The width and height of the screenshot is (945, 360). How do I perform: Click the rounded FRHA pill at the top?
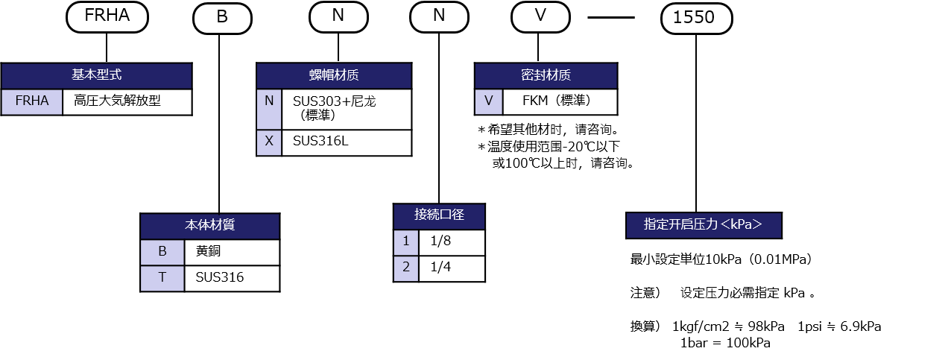[x=107, y=16]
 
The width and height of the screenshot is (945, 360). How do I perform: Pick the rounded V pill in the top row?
[x=540, y=16]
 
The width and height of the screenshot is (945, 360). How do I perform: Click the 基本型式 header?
[x=96, y=76]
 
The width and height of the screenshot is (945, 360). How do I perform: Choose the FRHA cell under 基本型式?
[x=32, y=102]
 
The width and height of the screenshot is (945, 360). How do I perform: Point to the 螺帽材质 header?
[x=334, y=76]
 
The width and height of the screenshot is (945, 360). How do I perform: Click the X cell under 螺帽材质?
[x=269, y=142]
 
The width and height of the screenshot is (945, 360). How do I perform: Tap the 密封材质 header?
[x=546, y=76]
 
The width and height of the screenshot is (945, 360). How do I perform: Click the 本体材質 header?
[x=209, y=227]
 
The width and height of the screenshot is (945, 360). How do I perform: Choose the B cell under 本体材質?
[x=162, y=253]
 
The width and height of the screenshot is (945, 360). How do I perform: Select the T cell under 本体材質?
[x=162, y=279]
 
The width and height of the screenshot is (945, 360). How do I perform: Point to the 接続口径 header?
[x=439, y=216]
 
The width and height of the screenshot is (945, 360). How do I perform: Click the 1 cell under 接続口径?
[x=406, y=242]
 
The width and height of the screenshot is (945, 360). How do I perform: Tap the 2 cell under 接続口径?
[x=406, y=268]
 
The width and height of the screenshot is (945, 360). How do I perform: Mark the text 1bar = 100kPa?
[x=725, y=344]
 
